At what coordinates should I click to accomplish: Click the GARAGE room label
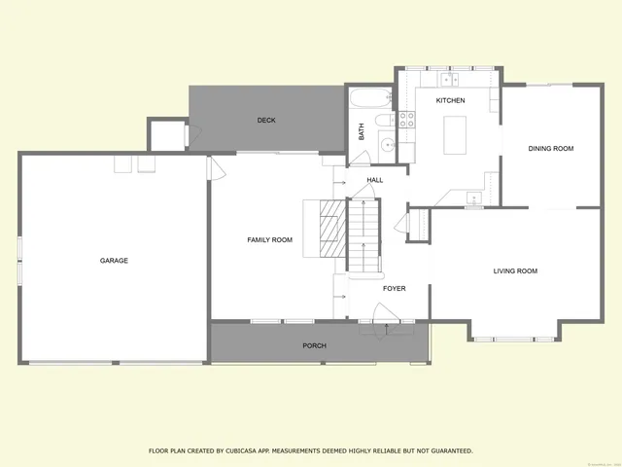(114, 261)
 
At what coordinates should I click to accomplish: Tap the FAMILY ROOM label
(269, 239)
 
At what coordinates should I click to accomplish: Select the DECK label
(266, 121)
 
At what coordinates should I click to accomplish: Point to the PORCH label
(314, 345)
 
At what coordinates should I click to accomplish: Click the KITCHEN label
(450, 101)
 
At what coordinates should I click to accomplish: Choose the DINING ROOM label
(551, 149)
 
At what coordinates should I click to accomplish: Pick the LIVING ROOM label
(515, 271)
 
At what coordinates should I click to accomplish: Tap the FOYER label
(394, 289)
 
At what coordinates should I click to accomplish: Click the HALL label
(375, 181)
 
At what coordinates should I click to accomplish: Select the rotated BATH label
(362, 130)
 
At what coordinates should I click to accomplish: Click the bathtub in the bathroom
(370, 98)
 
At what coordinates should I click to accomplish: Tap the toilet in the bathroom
(384, 121)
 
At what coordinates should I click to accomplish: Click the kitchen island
(454, 134)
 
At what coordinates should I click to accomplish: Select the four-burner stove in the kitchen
(406, 121)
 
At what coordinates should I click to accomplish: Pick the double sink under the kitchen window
(450, 79)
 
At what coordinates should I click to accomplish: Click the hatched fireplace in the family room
(333, 229)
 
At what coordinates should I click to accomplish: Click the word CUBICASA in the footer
(240, 450)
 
